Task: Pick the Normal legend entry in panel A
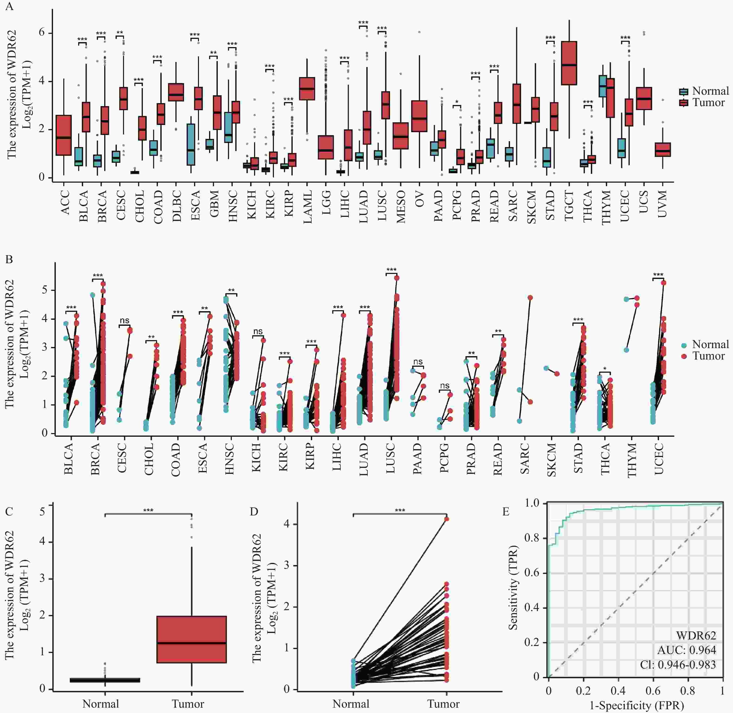tap(704, 91)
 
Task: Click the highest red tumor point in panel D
tap(447, 519)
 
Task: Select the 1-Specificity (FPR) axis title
tap(636, 706)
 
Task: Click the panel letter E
tap(506, 511)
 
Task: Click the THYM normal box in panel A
tap(603, 86)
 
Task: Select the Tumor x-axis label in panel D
tap(444, 704)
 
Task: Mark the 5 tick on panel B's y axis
tap(45, 290)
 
